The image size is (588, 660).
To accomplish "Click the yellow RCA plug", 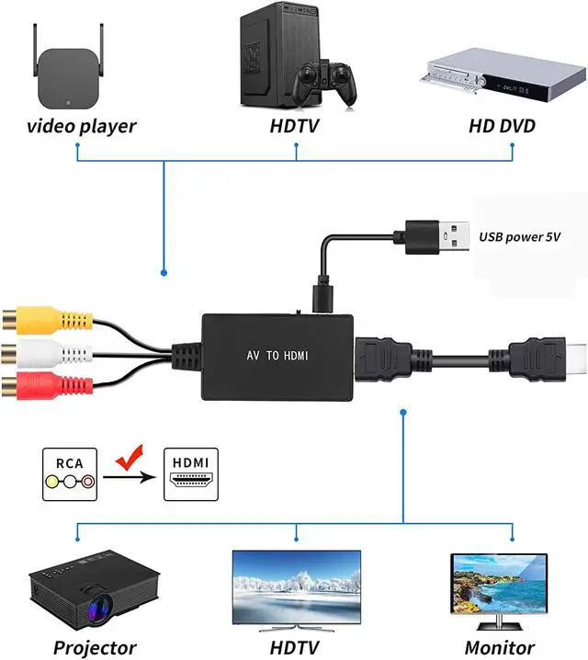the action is [x=47, y=320].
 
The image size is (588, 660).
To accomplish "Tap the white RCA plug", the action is [x=47, y=353].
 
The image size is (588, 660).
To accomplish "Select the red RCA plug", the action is [x=47, y=385].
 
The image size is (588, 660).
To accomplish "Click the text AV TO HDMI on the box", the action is [x=277, y=356].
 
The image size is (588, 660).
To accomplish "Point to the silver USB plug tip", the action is [x=454, y=236].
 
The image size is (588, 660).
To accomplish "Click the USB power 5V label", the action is [x=519, y=237].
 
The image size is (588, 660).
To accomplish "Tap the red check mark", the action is [x=130, y=457].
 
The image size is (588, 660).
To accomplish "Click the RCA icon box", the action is [x=70, y=474].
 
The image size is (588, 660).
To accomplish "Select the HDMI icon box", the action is [x=191, y=474].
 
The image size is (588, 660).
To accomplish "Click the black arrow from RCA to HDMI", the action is [x=130, y=477].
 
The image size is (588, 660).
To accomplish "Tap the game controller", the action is [x=324, y=83].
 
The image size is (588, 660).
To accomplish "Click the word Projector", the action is [x=95, y=647].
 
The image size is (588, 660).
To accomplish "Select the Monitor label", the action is [x=500, y=647].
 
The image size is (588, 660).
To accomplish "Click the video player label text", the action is [x=82, y=126].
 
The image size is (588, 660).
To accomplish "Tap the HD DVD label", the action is [x=503, y=126].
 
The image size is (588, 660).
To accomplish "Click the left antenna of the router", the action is [x=36, y=50].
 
